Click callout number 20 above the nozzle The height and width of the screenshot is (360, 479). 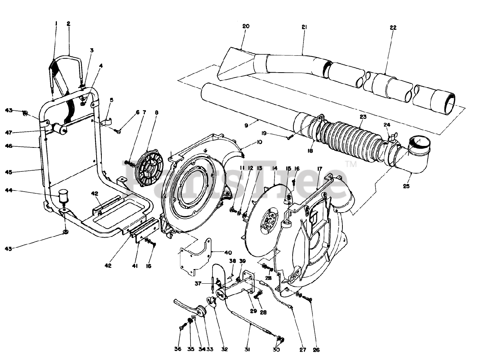(x=245, y=26)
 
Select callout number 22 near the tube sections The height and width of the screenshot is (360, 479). (x=393, y=28)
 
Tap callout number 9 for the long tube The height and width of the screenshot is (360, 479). (x=246, y=126)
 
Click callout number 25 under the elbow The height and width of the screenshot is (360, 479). (x=407, y=186)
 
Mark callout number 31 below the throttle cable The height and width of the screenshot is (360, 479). (x=247, y=350)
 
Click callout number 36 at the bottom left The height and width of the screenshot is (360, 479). (x=178, y=350)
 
